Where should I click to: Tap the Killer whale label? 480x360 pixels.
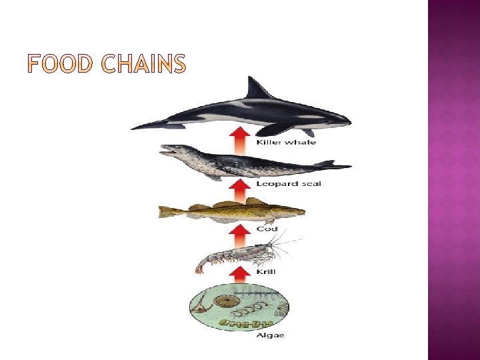coord(277,142)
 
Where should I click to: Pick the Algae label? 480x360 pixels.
coord(270,335)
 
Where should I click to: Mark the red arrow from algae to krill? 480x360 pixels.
coord(238,274)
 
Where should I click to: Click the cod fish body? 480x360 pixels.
coord(233,211)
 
